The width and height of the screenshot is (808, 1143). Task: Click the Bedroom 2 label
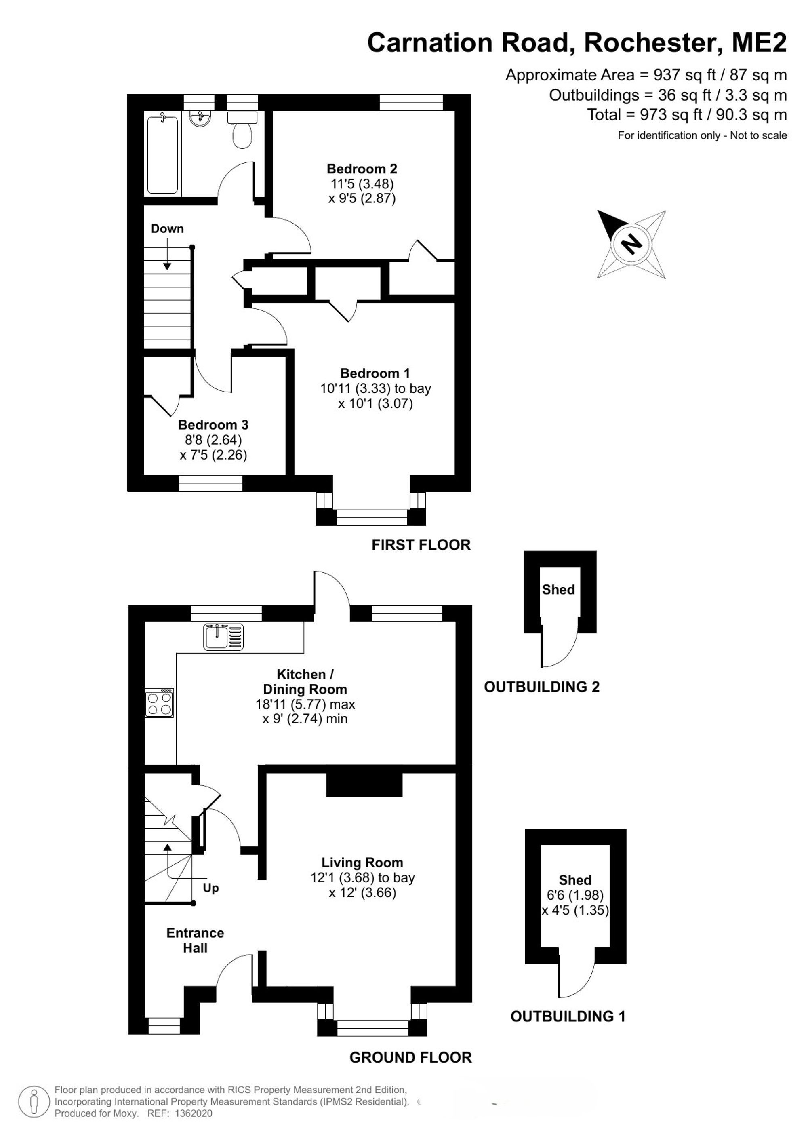tap(362, 169)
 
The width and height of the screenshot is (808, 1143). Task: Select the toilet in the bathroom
tap(242, 129)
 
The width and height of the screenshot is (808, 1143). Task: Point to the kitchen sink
tap(223, 637)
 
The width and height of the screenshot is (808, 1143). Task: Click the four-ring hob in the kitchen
tap(160, 703)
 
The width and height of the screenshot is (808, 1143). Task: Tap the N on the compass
tap(632, 244)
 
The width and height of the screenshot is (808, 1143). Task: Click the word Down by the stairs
tap(167, 228)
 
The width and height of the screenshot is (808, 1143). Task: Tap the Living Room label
tap(362, 862)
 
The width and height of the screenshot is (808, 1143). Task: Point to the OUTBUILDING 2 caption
tap(542, 687)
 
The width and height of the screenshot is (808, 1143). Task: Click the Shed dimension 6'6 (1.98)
tap(575, 895)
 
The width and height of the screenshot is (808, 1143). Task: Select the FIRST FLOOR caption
tap(421, 544)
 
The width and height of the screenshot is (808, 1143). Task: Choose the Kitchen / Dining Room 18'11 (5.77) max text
tap(305, 704)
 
